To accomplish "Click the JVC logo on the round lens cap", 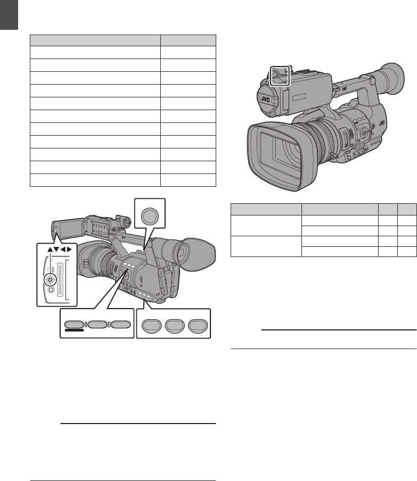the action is coord(265,99).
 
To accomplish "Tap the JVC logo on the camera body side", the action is coord(382,123).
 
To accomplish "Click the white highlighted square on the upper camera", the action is coord(280,76).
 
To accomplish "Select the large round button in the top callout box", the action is coord(150,216).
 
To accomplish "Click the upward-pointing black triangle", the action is coord(50,250).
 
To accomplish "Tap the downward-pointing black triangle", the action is coord(56,250).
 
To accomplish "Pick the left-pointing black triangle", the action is coord(63,250).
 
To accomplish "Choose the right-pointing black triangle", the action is coord(69,250).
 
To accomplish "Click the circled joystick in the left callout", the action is coord(50,279).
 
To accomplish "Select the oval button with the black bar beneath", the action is coord(74,324).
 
